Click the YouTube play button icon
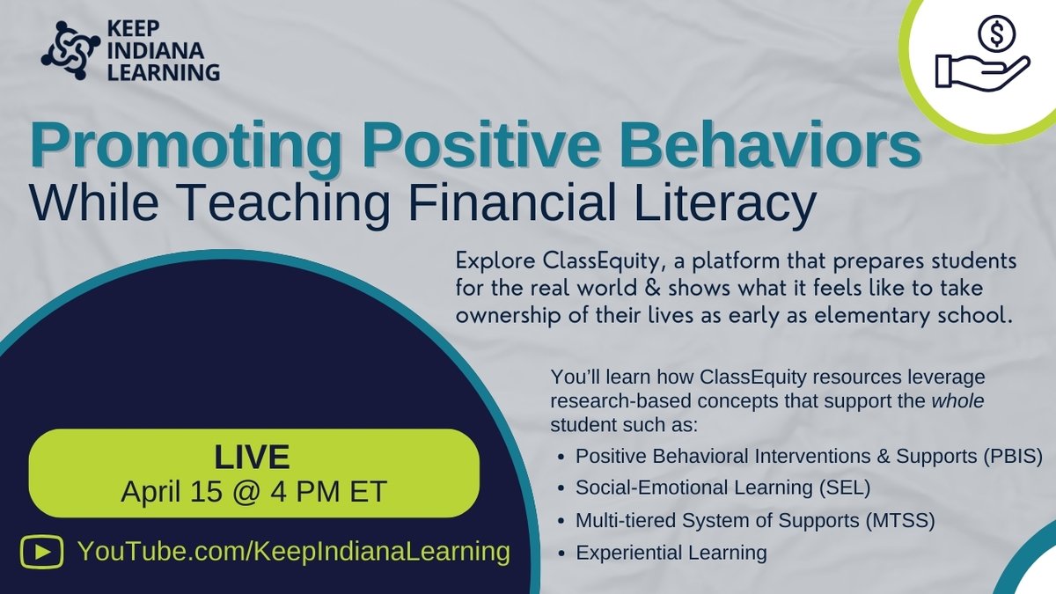[42, 553]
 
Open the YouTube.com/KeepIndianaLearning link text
[294, 552]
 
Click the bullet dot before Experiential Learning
[561, 554]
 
